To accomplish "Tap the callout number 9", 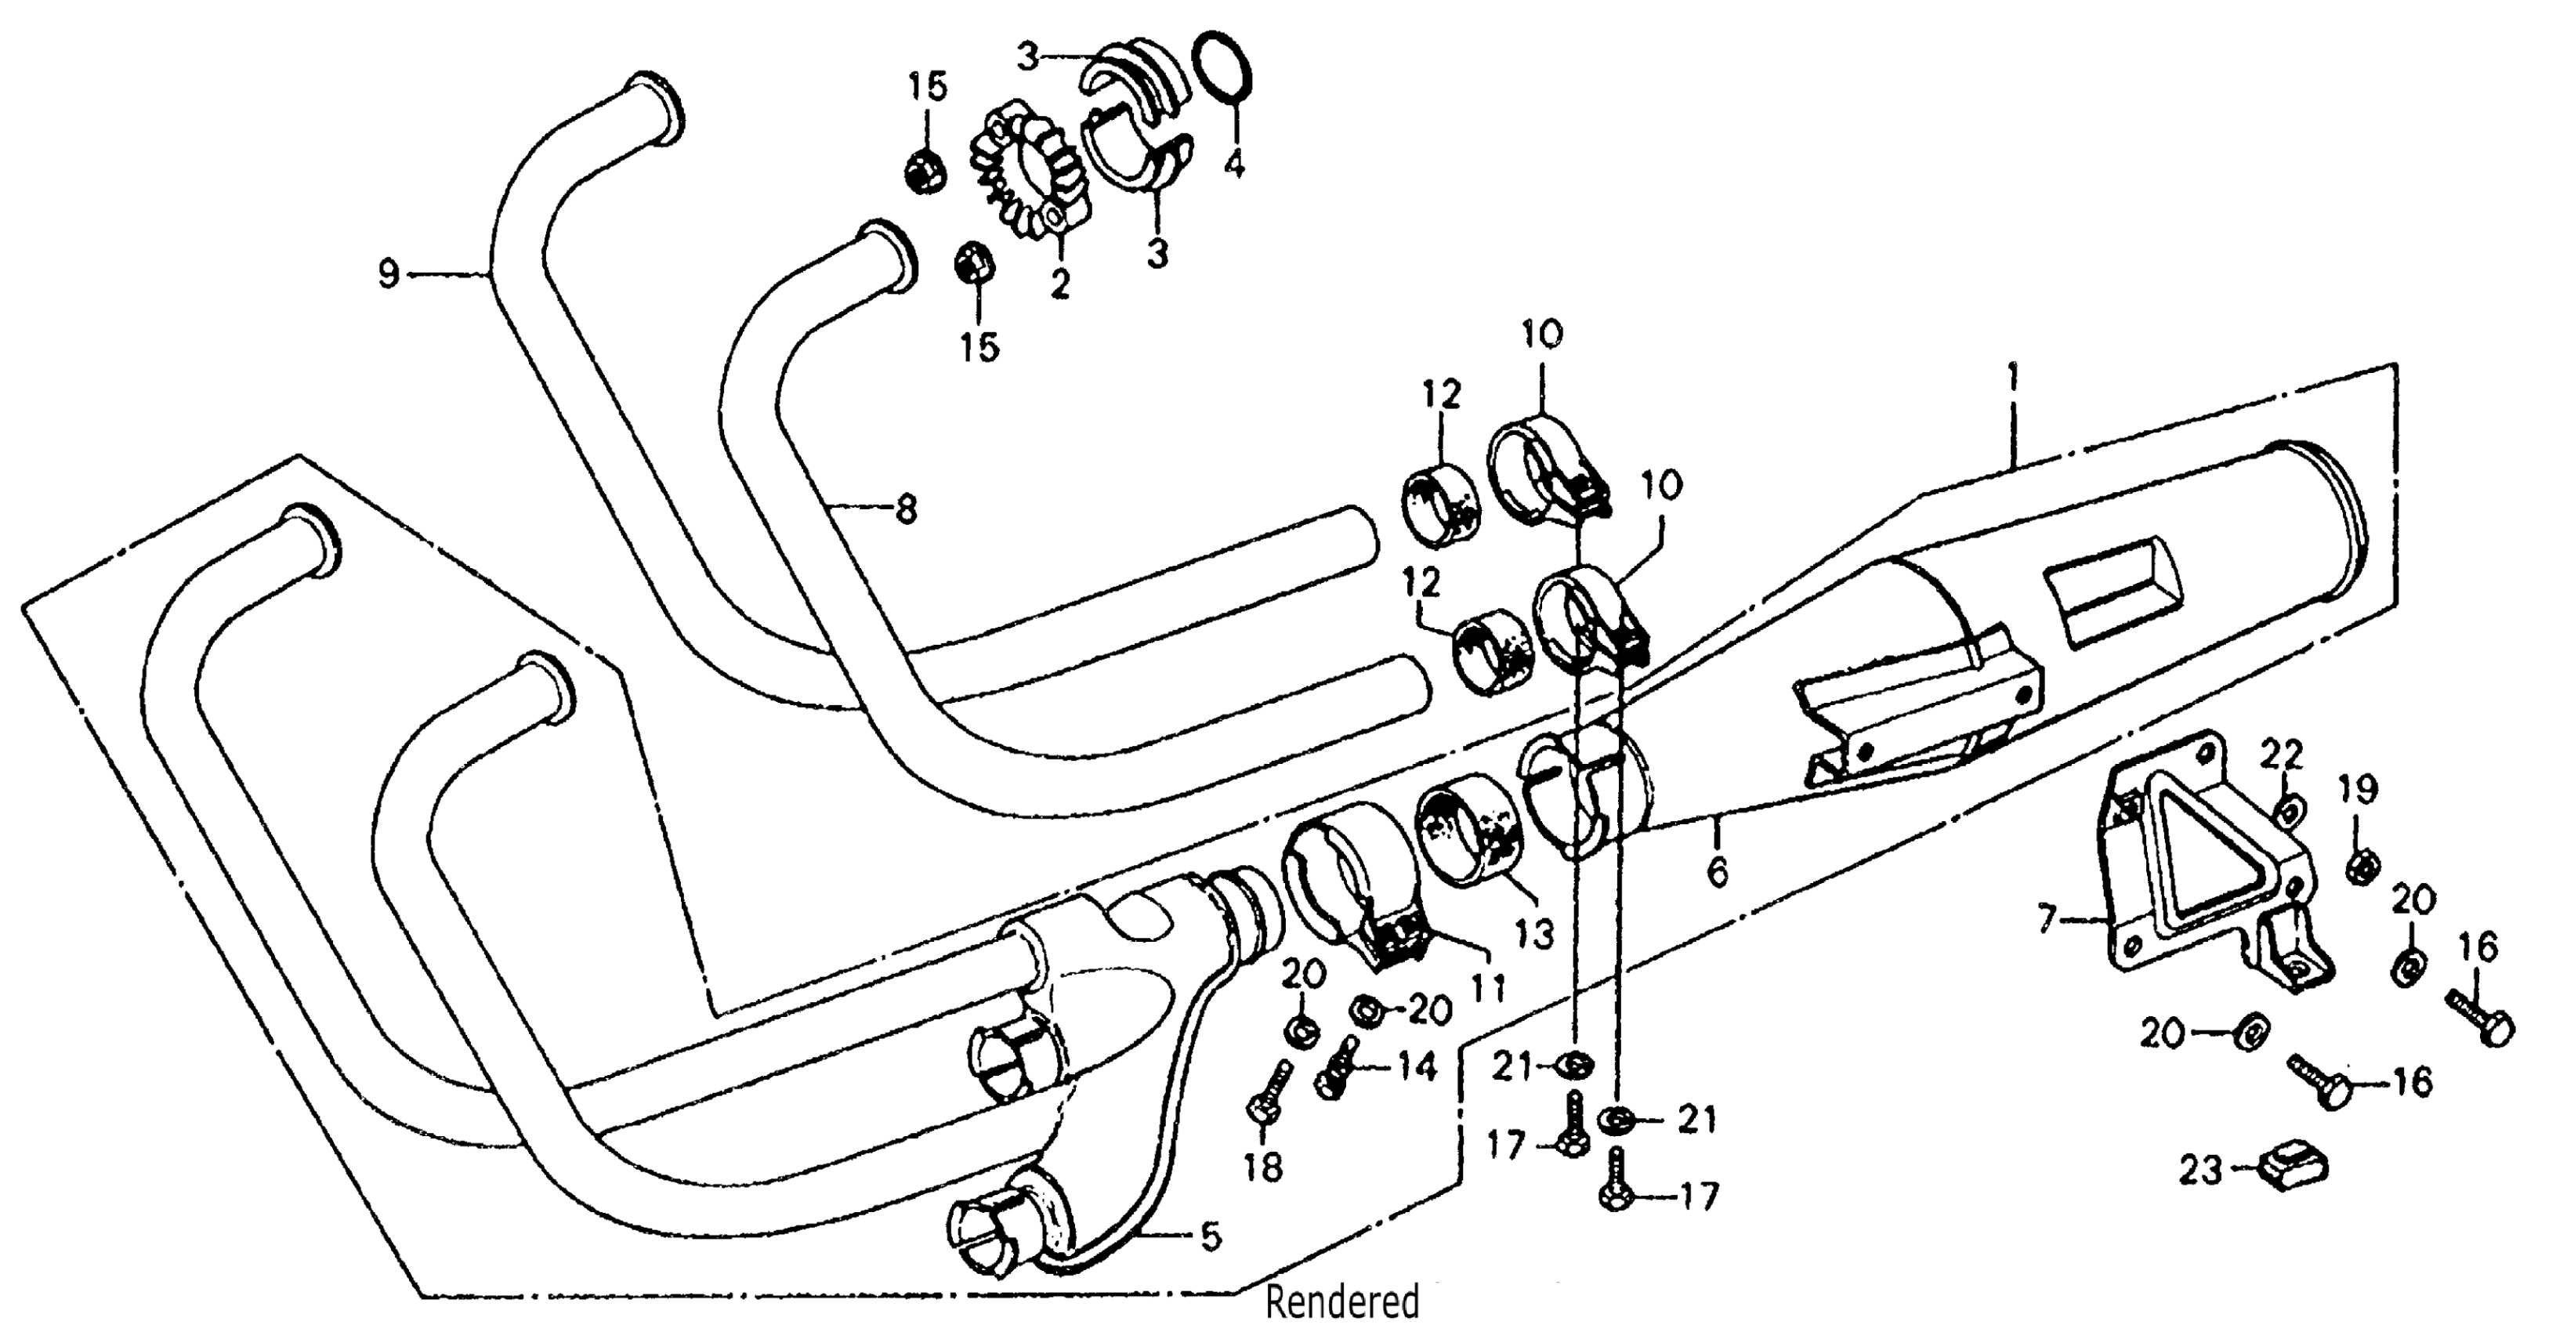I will (x=388, y=273).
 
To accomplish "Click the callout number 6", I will (x=1718, y=871).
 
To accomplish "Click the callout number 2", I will (x=1059, y=286).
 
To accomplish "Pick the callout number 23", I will (x=2199, y=1171).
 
